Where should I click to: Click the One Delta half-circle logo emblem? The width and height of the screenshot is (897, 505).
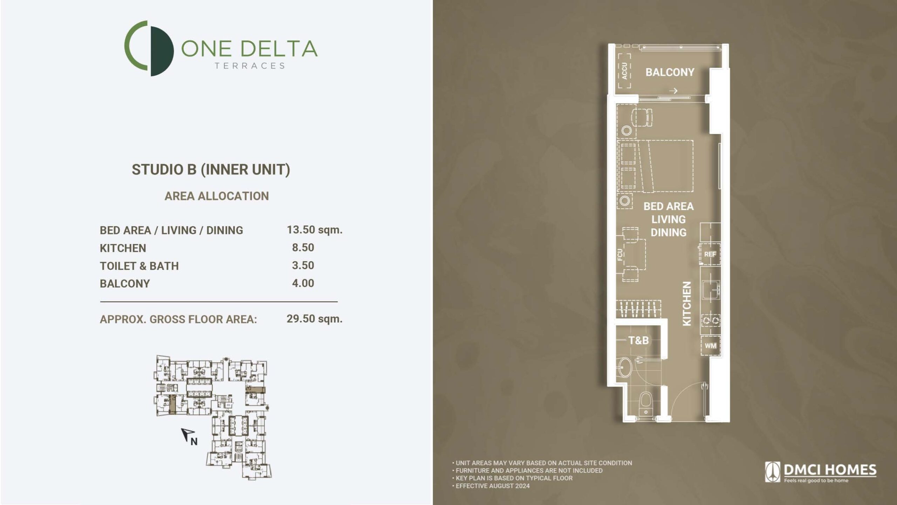(149, 48)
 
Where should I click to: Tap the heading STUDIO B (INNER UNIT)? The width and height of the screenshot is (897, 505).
(211, 170)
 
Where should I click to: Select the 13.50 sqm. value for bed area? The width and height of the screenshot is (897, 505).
(314, 230)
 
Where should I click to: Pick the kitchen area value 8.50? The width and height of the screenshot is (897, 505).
(303, 248)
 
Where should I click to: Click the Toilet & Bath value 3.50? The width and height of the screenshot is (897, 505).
(303, 265)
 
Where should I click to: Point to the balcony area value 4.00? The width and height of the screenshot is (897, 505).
(303, 283)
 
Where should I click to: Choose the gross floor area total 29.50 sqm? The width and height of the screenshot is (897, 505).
(314, 319)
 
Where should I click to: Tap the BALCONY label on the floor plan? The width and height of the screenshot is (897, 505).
(670, 72)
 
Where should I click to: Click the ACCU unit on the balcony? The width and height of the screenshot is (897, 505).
(624, 71)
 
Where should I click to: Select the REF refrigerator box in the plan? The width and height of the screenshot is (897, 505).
(710, 254)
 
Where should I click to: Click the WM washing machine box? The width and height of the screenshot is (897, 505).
(710, 346)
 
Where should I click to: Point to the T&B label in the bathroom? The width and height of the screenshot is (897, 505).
(638, 340)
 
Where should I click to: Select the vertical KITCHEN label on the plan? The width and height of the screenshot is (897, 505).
(687, 304)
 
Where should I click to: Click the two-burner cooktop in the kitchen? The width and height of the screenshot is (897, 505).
(710, 320)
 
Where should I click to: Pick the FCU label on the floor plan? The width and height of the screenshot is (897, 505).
(620, 255)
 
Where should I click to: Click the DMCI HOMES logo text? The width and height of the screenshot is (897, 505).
(830, 470)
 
